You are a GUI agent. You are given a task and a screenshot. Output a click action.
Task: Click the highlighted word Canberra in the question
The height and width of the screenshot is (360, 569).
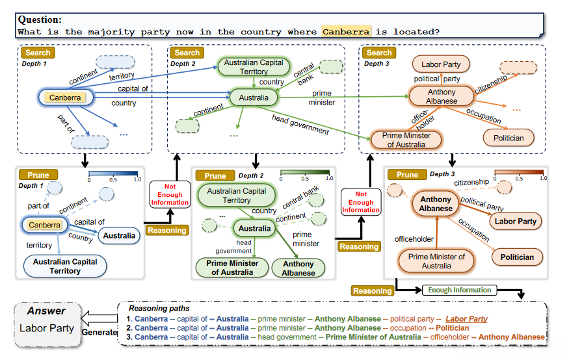[346, 31]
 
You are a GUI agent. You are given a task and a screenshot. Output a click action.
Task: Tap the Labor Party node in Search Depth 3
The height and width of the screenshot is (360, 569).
[441, 64]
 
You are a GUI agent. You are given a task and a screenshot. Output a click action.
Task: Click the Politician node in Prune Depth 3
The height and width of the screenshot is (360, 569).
[517, 257]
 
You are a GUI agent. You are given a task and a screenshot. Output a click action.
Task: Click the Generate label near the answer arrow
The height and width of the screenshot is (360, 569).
[99, 332]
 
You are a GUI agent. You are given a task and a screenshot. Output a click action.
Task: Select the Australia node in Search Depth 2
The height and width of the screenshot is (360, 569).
[254, 98]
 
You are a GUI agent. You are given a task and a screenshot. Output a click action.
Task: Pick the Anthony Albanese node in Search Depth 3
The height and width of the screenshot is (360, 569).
[442, 96]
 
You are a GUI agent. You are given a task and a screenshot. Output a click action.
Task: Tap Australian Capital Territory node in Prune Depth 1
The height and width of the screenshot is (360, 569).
[65, 266]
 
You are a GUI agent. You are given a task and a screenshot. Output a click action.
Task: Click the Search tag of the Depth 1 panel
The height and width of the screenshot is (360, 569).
[38, 53]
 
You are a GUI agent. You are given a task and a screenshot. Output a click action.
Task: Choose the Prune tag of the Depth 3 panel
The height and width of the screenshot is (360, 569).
[407, 174]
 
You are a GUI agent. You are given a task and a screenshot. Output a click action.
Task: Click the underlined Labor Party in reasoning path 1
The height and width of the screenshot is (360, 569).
[466, 319]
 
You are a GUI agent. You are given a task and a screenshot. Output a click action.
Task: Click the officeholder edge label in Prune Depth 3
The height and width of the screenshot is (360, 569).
[414, 239]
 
